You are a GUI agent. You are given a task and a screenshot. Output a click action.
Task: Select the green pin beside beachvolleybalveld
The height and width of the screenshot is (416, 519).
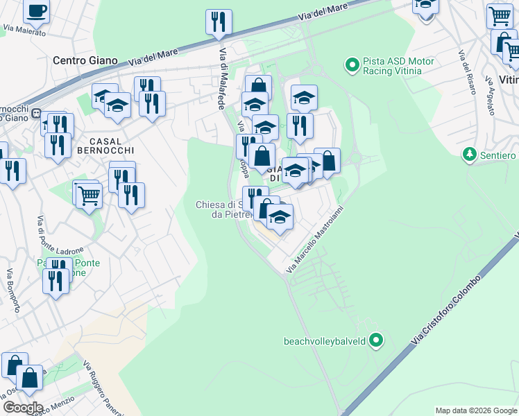pos(376,340)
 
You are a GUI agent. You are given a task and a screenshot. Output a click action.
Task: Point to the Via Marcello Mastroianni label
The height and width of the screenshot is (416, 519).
pos(316,237)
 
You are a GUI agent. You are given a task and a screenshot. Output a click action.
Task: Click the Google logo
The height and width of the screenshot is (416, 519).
pos(22,407)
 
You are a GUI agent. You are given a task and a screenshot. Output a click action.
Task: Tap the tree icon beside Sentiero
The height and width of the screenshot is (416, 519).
pos(470,153)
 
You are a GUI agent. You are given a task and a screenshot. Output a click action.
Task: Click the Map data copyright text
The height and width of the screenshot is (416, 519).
pos(476,410)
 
